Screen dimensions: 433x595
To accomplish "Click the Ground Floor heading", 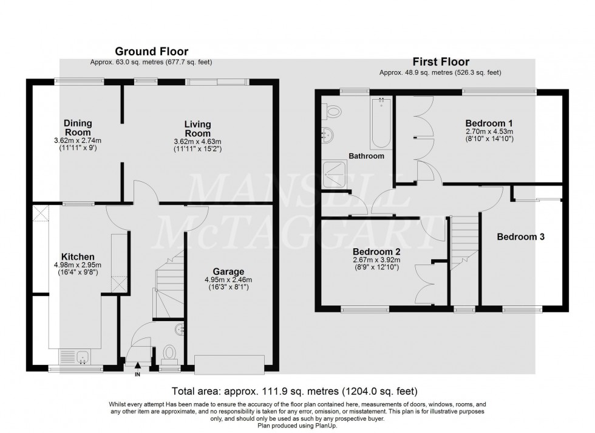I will point(151,52).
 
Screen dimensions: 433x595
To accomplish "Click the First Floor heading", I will point(440,61).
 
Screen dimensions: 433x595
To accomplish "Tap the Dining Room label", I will point(78,128).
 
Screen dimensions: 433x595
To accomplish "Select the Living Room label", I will point(198,129).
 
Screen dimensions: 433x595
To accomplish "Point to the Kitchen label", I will point(77,257).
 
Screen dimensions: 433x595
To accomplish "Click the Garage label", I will point(228,271).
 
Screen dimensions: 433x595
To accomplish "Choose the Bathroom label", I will point(366,156).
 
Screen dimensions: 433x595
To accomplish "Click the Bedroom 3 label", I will point(520,237).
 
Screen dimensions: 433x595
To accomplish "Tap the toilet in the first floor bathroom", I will point(332,112).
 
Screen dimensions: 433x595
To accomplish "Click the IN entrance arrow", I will point(137,366).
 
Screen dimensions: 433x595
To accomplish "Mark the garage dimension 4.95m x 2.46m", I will point(228,280).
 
